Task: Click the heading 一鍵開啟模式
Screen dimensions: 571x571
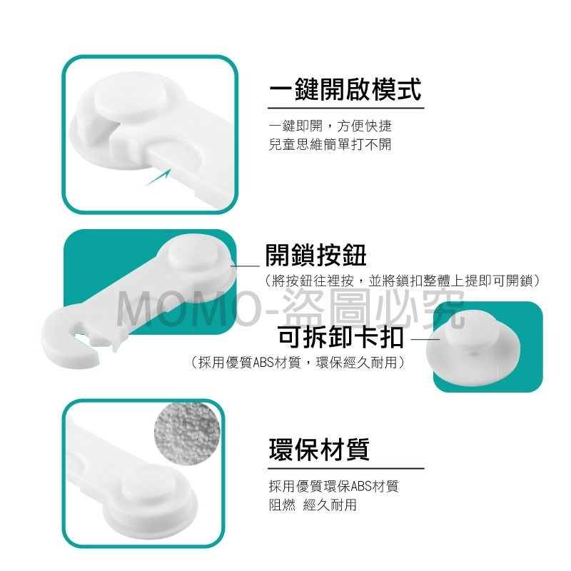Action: pyautogui.click(x=345, y=89)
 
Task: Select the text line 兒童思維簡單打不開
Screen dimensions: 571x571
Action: pyautogui.click(x=330, y=145)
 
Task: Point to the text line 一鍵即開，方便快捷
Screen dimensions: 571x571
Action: pyautogui.click(x=330, y=126)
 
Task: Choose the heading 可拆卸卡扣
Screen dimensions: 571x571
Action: pyautogui.click(x=340, y=337)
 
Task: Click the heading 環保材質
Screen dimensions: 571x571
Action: pyautogui.click(x=319, y=450)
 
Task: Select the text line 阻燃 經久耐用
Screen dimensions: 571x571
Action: pyautogui.click(x=313, y=505)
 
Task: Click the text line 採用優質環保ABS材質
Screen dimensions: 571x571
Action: pyautogui.click(x=333, y=486)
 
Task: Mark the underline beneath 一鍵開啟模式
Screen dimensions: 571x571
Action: pyautogui.click(x=346, y=108)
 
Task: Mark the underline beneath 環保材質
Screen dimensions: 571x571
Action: pyautogui.click(x=346, y=468)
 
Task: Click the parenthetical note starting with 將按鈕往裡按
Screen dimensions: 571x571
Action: pyautogui.click(x=402, y=281)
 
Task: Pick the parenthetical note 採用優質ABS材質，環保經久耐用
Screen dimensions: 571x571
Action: pyautogui.click(x=297, y=363)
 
